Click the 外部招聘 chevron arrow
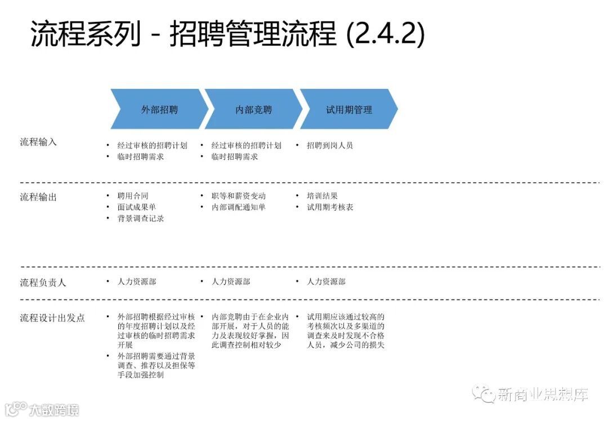click(x=159, y=110)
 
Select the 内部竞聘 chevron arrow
click(x=253, y=110)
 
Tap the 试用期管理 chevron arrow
click(x=349, y=110)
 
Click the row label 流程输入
click(x=38, y=142)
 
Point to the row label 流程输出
click(x=38, y=197)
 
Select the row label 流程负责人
click(x=43, y=282)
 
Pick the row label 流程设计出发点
click(x=52, y=318)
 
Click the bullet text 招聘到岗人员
click(x=330, y=145)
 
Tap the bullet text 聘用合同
click(x=133, y=196)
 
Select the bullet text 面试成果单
click(x=137, y=207)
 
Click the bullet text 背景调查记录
click(x=141, y=218)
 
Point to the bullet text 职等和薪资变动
click(x=239, y=196)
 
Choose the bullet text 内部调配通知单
click(x=239, y=207)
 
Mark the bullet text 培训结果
click(x=322, y=196)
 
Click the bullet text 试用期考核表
click(x=330, y=207)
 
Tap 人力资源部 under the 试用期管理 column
click(x=326, y=281)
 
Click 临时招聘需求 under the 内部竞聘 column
click(x=235, y=157)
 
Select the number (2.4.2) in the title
click(x=385, y=34)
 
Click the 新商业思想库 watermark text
click(x=543, y=395)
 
